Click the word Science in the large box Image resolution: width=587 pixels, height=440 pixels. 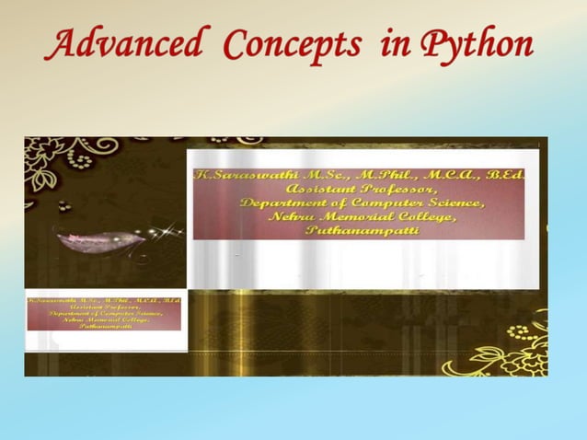pyautogui.click(x=452, y=203)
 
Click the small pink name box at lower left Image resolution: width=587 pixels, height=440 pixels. pyautogui.click(x=105, y=313)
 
